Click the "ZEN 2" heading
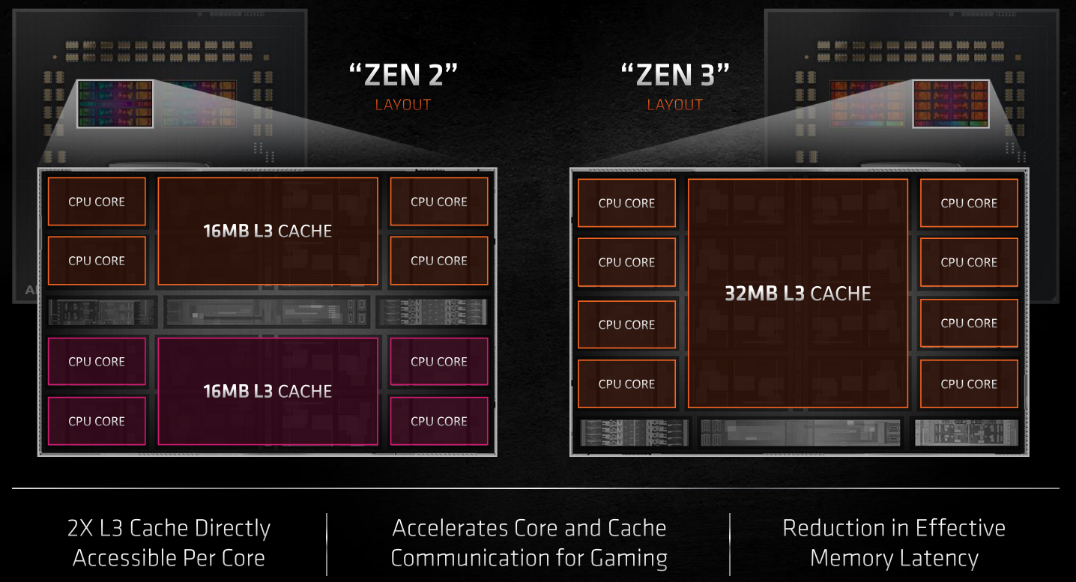[403, 75]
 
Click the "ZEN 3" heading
[675, 75]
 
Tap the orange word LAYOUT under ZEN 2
[403, 105]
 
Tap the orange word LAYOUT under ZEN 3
[675, 105]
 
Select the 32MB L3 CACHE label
[798, 294]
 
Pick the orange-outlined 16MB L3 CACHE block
[268, 231]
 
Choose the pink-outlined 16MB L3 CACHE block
[268, 391]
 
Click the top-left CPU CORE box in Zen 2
[97, 201]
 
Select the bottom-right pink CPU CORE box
[439, 421]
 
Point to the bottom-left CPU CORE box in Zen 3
[627, 384]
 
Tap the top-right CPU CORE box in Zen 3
[970, 203]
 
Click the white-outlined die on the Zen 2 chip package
[115, 103]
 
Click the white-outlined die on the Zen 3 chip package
[951, 103]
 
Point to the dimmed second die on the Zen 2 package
[199, 103]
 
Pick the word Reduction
[833, 528]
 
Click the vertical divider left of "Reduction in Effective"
[730, 545]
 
